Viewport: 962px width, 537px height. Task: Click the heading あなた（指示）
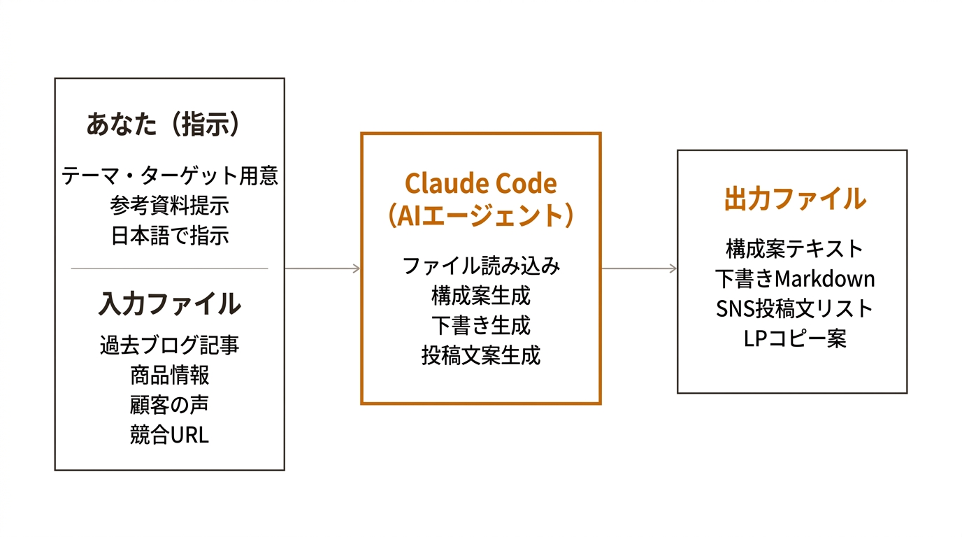click(x=164, y=124)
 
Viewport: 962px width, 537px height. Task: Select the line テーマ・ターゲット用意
click(x=170, y=176)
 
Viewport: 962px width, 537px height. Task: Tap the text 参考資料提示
click(x=170, y=206)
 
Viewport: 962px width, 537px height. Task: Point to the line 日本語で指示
click(x=170, y=236)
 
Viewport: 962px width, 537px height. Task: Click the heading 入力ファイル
click(x=170, y=304)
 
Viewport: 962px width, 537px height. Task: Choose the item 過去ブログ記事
click(x=170, y=345)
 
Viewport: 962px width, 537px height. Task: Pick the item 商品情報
click(x=170, y=375)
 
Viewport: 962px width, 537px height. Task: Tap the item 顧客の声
click(x=170, y=405)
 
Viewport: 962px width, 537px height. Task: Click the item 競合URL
click(x=170, y=435)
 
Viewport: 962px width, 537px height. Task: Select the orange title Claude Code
click(x=481, y=184)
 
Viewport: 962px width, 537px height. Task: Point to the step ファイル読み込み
click(x=481, y=266)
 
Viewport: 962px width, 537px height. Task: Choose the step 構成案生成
click(x=481, y=296)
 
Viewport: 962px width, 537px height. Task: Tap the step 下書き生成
click(x=481, y=326)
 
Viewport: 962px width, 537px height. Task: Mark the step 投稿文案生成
click(x=481, y=355)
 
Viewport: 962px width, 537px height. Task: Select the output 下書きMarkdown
click(x=795, y=278)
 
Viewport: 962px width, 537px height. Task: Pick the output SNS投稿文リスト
click(x=795, y=308)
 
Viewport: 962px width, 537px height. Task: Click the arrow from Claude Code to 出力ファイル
click(x=639, y=268)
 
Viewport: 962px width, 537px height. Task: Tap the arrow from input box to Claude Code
click(x=323, y=268)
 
